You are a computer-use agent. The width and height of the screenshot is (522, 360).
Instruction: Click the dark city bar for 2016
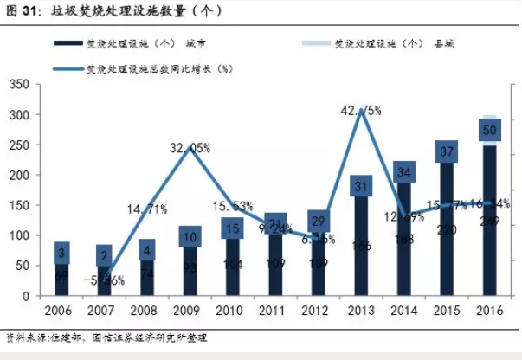click(489, 251)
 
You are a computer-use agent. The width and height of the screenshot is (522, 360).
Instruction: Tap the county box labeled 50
click(489, 129)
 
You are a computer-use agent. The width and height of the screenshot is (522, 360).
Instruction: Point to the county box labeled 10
click(190, 237)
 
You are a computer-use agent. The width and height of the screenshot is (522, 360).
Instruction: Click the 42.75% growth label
click(361, 110)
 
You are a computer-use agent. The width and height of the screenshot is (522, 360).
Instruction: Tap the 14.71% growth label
click(147, 208)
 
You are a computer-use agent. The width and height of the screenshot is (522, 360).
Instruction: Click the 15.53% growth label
click(234, 205)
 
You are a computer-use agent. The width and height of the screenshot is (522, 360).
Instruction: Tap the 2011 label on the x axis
click(275, 312)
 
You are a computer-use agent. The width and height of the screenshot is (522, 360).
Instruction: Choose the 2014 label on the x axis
click(403, 312)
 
